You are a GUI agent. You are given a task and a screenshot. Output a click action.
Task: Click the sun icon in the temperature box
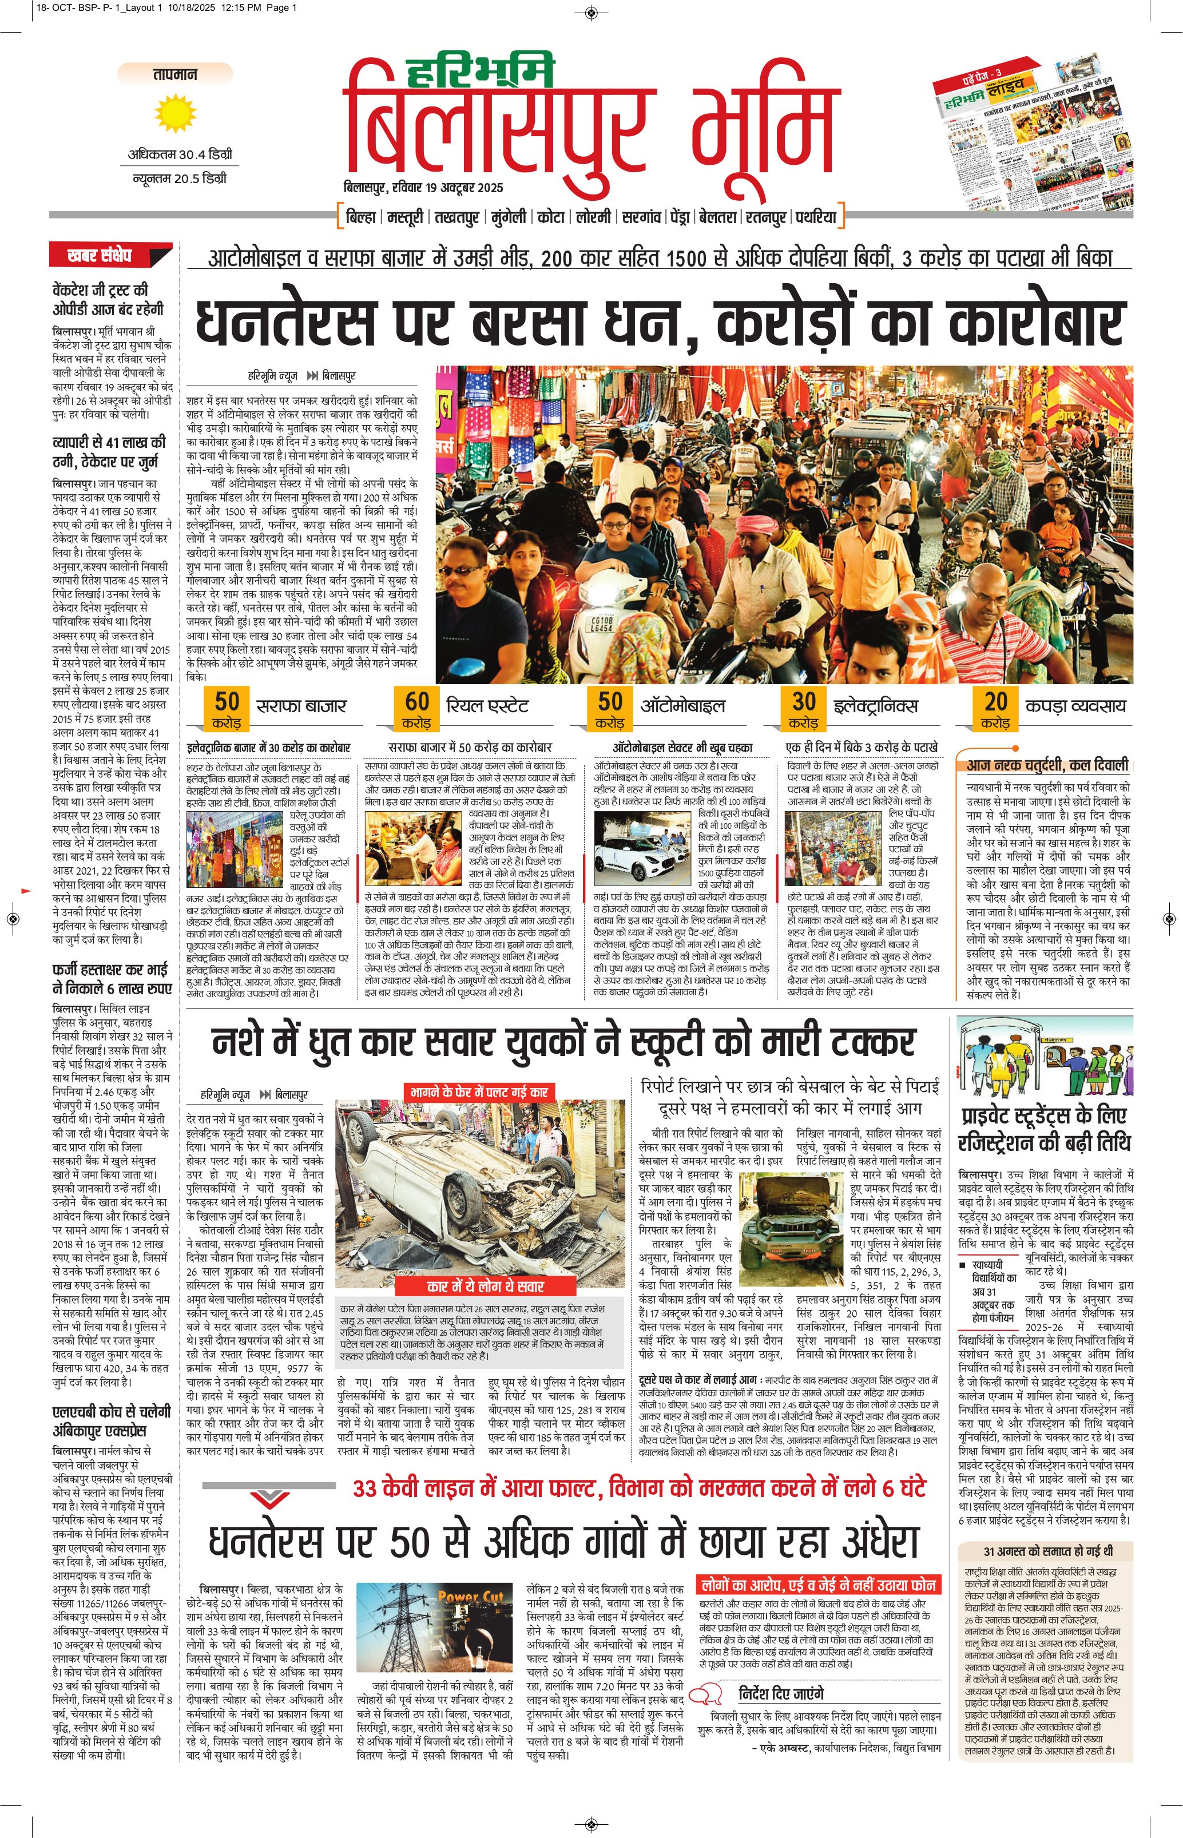click(x=175, y=112)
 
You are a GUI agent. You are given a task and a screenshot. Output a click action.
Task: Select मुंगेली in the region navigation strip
click(x=509, y=217)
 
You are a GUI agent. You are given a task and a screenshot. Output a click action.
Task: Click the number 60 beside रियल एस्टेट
click(x=417, y=701)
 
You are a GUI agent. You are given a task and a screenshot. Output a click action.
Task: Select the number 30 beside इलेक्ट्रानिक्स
click(x=804, y=701)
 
